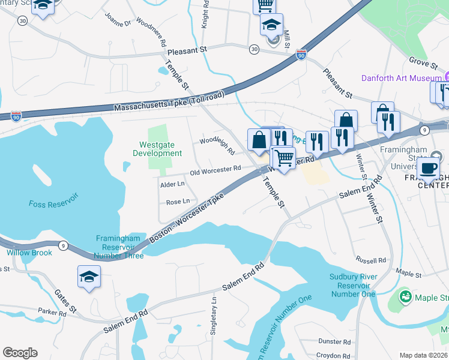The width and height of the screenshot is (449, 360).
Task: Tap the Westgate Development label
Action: coord(161,149)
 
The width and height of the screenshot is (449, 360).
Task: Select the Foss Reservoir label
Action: coord(53,204)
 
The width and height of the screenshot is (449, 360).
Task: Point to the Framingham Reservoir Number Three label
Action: coord(119,247)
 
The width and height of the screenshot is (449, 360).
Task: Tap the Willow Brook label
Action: coord(29,253)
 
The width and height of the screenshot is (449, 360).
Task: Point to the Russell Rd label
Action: coord(370,261)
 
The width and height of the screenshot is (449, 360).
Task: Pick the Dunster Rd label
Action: coord(334,341)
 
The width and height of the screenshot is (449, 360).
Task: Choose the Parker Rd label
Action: coord(52,313)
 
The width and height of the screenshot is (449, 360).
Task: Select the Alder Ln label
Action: coord(172,185)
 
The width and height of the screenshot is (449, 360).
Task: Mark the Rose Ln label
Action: coord(178,202)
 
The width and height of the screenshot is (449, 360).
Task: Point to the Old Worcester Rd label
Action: coord(215,172)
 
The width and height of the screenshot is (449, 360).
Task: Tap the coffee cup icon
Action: coord(429,169)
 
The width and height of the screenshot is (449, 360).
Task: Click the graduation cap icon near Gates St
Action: coord(89,277)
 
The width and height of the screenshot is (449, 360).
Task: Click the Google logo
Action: coord(20,353)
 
